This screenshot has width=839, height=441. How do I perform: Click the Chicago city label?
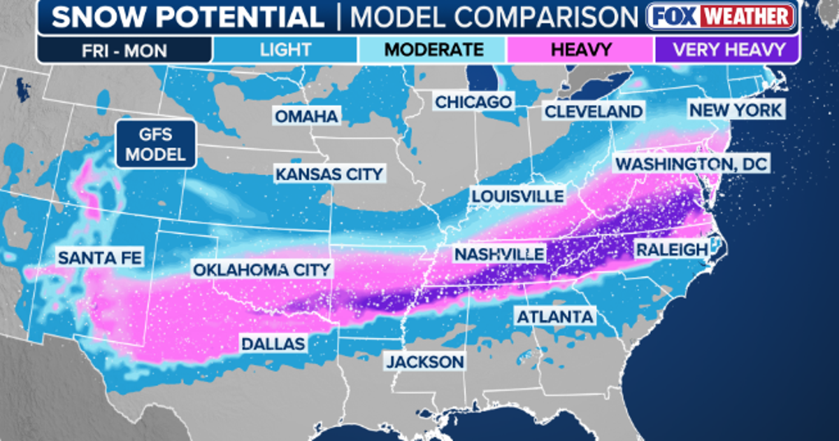click(473, 102)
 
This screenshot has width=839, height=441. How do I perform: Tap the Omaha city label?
click(306, 116)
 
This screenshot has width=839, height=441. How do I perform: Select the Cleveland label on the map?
click(593, 111)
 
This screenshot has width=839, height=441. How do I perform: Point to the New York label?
click(735, 110)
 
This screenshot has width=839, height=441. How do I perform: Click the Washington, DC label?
click(690, 164)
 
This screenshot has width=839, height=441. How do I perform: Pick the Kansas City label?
click(329, 174)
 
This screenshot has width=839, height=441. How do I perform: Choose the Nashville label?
click(499, 253)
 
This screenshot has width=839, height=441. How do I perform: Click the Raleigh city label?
click(671, 250)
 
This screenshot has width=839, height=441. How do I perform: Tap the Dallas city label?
click(273, 343)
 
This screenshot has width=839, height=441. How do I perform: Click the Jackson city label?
click(425, 361)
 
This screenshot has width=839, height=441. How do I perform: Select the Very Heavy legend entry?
click(726, 50)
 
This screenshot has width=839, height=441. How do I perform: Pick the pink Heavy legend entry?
click(580, 50)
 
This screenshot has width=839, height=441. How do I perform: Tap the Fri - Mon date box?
click(124, 50)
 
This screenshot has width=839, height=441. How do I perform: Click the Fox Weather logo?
click(720, 16)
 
